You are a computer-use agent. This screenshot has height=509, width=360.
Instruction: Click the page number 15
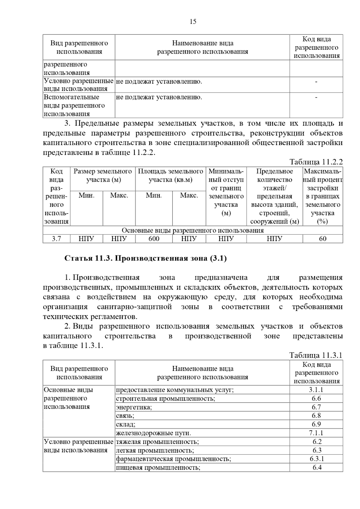[193, 22]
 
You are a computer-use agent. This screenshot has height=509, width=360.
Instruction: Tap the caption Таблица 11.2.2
[316, 162]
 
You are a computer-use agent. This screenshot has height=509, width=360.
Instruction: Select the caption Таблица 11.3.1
[316, 356]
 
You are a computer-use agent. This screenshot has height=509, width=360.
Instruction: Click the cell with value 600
[154, 239]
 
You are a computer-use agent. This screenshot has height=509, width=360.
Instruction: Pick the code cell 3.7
[56, 239]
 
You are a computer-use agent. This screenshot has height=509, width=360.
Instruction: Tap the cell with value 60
[322, 239]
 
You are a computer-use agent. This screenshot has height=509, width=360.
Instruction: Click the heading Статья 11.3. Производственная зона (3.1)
[145, 258]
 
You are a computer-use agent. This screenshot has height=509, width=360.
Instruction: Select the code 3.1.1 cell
[316, 390]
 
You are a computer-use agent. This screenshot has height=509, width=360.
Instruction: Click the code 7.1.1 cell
[316, 433]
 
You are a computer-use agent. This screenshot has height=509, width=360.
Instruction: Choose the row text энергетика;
[134, 407]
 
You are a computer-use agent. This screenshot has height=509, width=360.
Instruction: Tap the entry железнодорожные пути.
[153, 433]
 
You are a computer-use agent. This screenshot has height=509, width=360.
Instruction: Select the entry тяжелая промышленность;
[157, 442]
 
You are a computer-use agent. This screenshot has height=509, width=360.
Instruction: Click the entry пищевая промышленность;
[158, 468]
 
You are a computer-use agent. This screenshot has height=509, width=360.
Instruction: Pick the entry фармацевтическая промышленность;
[173, 459]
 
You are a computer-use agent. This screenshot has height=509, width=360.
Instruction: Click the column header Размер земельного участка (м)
[103, 176]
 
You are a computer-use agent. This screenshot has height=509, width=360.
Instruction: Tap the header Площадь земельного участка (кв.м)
[170, 176]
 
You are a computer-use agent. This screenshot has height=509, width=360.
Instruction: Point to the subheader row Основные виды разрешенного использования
[193, 231]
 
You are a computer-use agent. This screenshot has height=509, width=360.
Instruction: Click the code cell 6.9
[316, 424]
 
